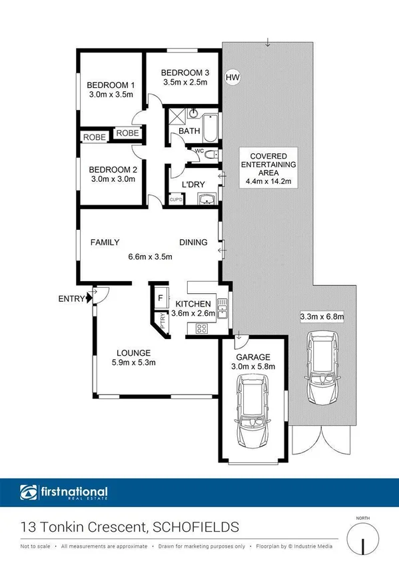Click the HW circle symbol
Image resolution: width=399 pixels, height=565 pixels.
tap(232, 78)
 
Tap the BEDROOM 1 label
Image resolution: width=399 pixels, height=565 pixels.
tap(111, 85)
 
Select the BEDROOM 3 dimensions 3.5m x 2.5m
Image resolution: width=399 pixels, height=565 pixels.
tap(185, 83)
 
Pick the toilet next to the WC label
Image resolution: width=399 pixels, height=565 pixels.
tap(210, 155)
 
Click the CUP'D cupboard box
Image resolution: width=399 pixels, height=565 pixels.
tap(176, 199)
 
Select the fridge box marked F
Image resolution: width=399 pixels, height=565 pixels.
tap(161, 298)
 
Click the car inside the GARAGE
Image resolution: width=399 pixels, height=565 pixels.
tap(252, 410)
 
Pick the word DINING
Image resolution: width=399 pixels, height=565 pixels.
tap(193, 243)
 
